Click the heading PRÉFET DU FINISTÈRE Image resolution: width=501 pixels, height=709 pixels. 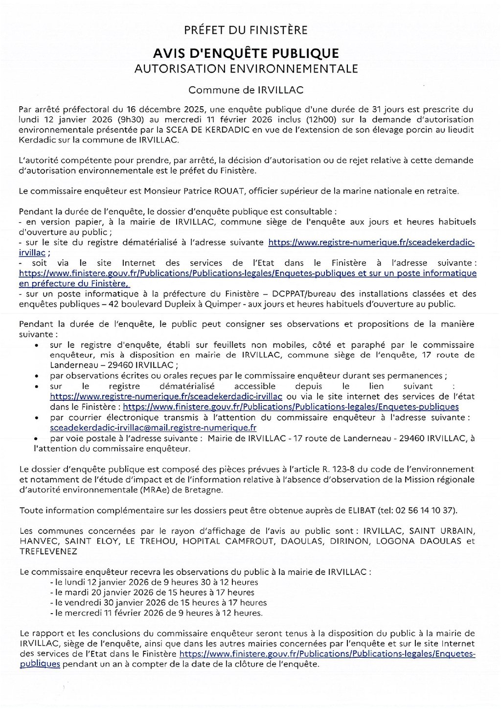click(246, 30)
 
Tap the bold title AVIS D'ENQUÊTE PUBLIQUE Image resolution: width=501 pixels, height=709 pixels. click(246, 53)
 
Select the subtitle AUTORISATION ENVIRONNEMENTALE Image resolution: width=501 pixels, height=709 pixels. click(246, 69)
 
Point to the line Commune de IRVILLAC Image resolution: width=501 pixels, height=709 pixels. click(246, 90)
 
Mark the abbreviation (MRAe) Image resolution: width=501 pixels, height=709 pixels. click(140, 489)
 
